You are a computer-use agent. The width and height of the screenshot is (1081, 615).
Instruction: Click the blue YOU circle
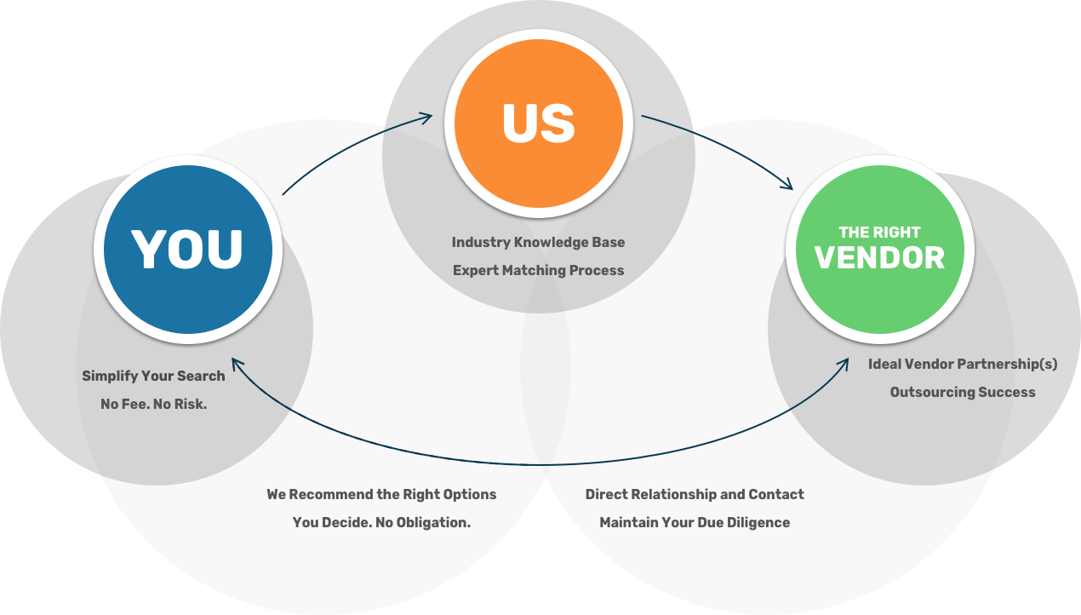pos(187,250)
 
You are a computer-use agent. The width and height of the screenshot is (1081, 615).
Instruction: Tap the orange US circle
pos(538,123)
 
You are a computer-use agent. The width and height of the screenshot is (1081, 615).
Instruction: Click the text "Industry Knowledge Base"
pos(538,242)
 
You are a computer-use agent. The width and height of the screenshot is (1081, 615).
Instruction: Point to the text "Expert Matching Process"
pos(538,270)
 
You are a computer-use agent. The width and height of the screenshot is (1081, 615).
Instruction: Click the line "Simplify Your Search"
pos(153,376)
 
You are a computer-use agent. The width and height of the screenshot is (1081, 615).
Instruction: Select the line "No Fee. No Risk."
pos(153,404)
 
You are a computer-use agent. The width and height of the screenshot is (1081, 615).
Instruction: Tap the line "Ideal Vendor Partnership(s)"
pos(963,364)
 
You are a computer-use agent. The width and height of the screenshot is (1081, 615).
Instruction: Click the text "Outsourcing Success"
pos(963,392)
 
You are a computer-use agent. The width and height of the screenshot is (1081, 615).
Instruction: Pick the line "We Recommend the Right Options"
pos(381,494)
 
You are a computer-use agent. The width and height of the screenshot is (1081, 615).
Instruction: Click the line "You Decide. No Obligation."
pos(381,522)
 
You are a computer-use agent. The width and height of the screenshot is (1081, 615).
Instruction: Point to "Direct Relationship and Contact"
pos(695,494)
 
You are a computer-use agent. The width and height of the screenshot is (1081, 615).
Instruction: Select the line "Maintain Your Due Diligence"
pos(695,522)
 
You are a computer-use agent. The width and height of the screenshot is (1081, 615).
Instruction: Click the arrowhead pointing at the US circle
pos(428,118)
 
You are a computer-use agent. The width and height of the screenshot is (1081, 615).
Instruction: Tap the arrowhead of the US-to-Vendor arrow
pos(787,185)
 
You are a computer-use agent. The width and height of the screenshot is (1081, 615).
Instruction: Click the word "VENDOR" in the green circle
pos(879,257)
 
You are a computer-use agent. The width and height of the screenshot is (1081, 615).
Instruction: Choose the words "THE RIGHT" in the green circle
pos(879,232)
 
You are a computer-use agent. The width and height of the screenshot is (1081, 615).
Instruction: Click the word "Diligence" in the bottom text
pos(758,522)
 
